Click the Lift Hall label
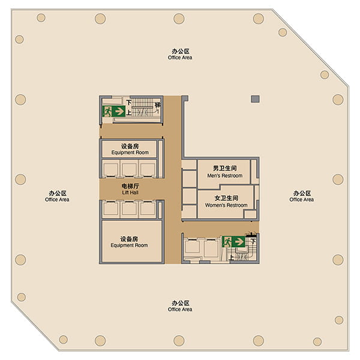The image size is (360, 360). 130,189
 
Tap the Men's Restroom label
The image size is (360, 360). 225,172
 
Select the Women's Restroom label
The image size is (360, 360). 226,202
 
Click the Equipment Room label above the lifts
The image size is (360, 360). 130,149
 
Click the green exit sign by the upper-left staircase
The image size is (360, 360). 114,111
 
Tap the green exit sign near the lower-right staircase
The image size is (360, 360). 234,242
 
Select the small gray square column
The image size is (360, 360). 256,99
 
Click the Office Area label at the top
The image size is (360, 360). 180,55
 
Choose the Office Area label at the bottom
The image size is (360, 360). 180,306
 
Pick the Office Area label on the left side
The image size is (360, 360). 57,196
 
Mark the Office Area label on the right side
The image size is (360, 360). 302,196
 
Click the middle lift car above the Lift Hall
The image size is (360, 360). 129,169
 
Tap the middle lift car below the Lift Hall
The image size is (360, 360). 129,209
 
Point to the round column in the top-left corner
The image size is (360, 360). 41,17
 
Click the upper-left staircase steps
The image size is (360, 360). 143,107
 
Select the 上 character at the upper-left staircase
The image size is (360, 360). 129,113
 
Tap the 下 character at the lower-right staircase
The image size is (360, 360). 253,241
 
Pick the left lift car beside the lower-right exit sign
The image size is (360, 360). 192,247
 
